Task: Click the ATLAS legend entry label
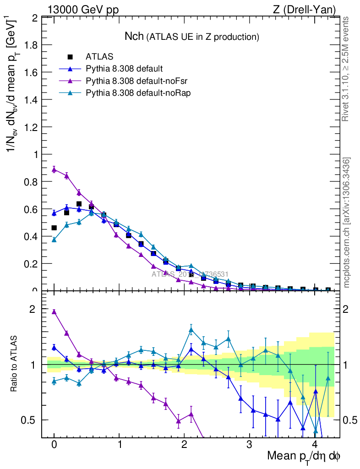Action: (x=99, y=57)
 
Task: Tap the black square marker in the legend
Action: (x=70, y=57)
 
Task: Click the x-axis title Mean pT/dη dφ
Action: (x=303, y=456)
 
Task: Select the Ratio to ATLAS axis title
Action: (x=14, y=364)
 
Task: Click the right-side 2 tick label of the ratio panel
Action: (x=349, y=309)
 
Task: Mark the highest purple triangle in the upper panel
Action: (x=54, y=169)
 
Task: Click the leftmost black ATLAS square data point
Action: (x=54, y=228)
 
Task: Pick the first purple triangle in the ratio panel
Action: (x=54, y=312)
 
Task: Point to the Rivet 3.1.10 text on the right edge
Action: (x=346, y=69)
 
